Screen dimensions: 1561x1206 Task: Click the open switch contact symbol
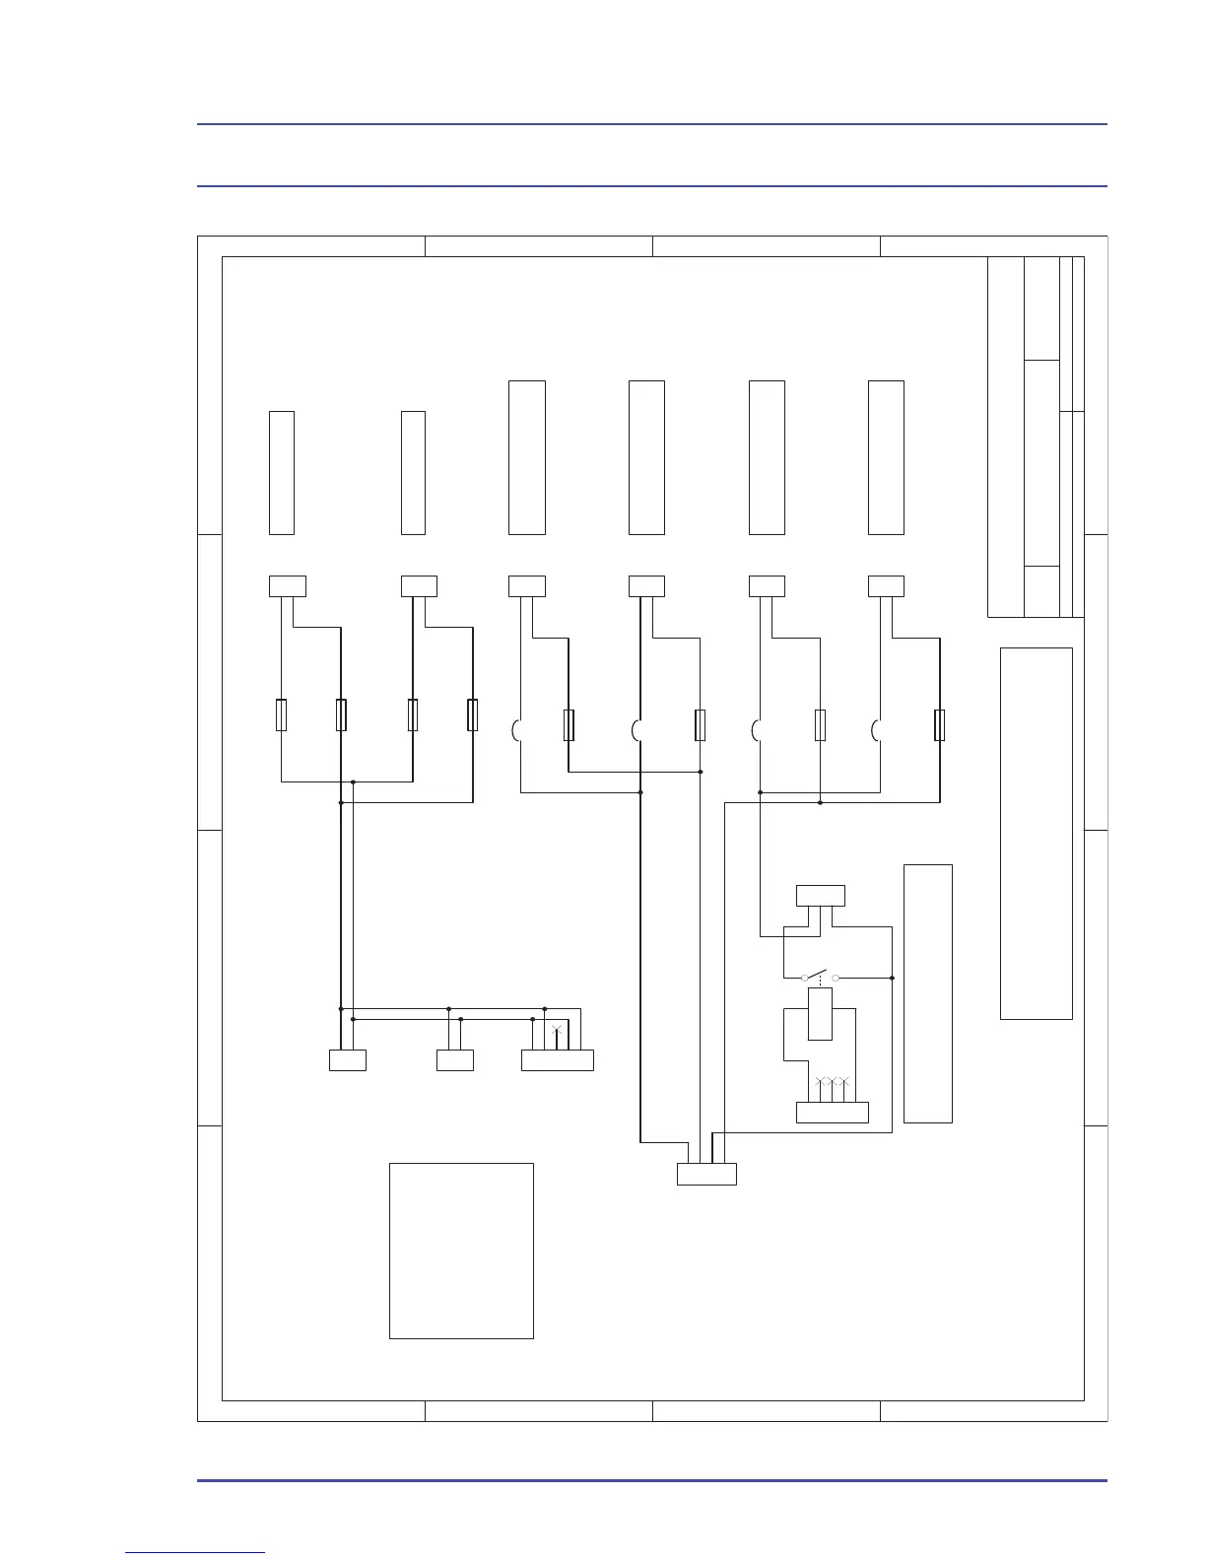[821, 977]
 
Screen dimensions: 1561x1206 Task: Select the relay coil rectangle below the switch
[820, 1014]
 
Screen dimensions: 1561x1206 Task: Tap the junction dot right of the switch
[892, 978]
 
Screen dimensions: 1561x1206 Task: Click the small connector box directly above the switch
[820, 896]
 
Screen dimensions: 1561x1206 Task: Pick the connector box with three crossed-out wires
[832, 1112]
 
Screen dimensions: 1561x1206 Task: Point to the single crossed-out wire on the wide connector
[557, 1032]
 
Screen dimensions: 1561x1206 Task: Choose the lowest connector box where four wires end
[706, 1174]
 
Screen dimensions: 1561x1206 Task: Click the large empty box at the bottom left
[461, 1250]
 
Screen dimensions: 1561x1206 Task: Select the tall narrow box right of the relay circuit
[927, 992]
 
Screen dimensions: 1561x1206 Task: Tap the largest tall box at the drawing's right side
[1036, 833]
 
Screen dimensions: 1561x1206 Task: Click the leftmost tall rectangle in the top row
[282, 473]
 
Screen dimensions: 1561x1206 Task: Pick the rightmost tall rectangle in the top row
[886, 457]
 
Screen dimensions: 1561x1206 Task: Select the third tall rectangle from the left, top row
[527, 457]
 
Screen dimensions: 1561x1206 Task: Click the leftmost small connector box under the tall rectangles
[288, 586]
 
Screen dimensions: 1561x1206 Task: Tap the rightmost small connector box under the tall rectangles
[886, 586]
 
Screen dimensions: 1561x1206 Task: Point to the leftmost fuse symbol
[282, 715]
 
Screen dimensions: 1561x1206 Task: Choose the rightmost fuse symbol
[939, 725]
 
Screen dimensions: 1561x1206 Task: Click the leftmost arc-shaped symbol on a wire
[516, 730]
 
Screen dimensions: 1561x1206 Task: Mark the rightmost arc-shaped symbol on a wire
[876, 730]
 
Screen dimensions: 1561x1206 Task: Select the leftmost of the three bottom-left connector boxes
[347, 1060]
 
